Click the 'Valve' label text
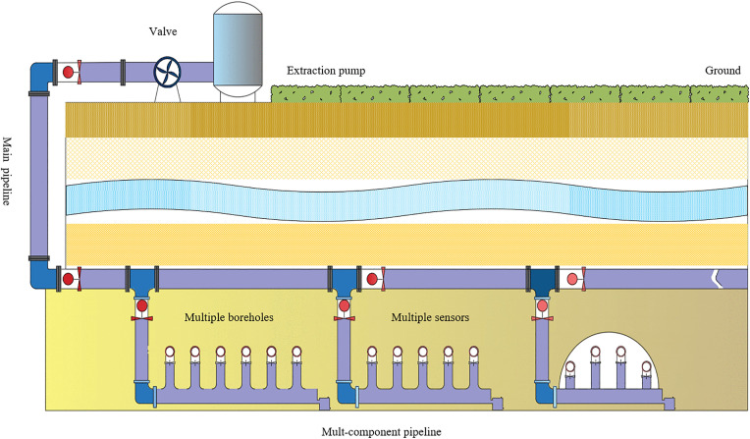point(163,31)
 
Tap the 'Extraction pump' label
point(326,71)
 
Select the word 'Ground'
point(723,71)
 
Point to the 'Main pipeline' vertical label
point(7,171)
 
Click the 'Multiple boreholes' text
point(229,317)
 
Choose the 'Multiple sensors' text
point(430,317)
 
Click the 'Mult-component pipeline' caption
point(381,432)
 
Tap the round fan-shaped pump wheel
point(168,73)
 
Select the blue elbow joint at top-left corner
point(40,77)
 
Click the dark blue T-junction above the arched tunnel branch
point(542,281)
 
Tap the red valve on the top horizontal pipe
point(70,73)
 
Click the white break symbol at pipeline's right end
point(717,279)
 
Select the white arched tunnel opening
point(609,360)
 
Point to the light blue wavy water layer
point(406,200)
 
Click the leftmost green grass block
point(305,94)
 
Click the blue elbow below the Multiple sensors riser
point(346,393)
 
